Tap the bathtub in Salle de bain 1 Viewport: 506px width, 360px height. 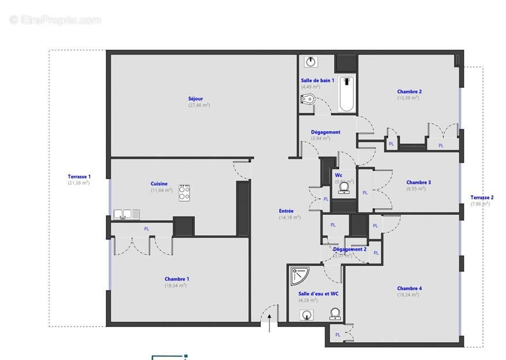[x=347, y=94]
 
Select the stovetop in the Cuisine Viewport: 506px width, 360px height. [x=184, y=192]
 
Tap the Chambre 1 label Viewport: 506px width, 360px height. [x=176, y=279]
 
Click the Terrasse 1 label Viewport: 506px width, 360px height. [x=79, y=176]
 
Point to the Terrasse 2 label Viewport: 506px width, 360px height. [x=481, y=197]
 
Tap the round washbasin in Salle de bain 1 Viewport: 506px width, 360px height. [x=311, y=62]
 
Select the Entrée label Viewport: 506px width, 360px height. [x=286, y=211]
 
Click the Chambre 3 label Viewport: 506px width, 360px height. [x=418, y=182]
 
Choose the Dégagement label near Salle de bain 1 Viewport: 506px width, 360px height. [x=326, y=132]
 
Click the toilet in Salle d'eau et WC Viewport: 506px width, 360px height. [x=334, y=314]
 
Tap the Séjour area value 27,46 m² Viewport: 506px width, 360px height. [x=199, y=105]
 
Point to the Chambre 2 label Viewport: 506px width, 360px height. [x=409, y=91]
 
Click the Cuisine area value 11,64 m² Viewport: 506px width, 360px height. [x=161, y=190]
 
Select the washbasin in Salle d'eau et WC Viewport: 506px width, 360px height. [x=306, y=314]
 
